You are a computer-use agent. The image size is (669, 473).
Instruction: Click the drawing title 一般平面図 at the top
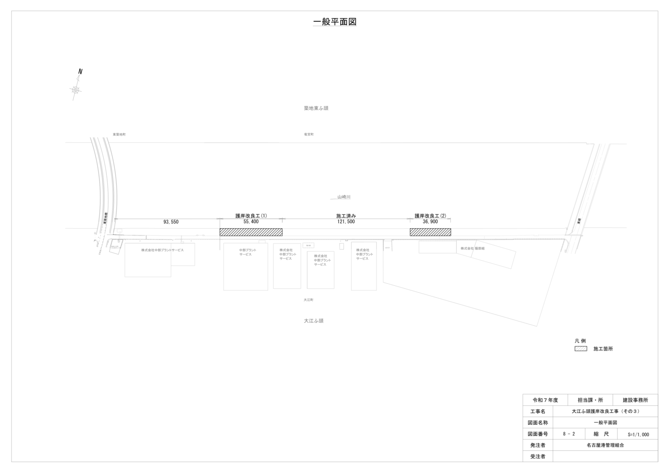(x=334, y=22)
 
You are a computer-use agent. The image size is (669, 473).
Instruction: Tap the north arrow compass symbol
(x=76, y=89)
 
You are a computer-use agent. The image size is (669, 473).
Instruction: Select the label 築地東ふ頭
(x=316, y=108)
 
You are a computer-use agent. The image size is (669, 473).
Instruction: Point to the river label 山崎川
(x=344, y=197)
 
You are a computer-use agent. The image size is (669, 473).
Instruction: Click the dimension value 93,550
(x=171, y=222)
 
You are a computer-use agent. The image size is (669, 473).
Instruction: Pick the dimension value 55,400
(x=251, y=222)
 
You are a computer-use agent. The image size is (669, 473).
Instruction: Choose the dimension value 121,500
(x=346, y=222)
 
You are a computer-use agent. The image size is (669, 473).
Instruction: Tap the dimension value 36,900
(x=430, y=222)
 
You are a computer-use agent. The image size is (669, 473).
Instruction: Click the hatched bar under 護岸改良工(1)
(x=251, y=232)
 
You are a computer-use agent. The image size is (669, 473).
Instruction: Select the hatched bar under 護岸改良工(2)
(x=430, y=232)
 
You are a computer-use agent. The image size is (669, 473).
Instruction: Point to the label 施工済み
(x=346, y=216)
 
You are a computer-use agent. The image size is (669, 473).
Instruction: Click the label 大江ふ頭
(x=314, y=321)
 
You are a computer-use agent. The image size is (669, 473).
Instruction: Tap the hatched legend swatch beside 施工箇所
(x=581, y=348)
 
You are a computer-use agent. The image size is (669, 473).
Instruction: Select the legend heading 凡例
(x=580, y=341)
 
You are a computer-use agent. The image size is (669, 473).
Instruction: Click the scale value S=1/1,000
(x=638, y=435)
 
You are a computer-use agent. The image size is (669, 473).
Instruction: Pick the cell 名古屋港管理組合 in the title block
(x=605, y=445)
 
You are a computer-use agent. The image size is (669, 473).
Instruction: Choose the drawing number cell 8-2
(x=569, y=434)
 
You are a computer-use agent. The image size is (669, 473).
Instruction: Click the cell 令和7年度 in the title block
(x=545, y=400)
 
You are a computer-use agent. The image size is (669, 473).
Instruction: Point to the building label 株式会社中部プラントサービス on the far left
(x=163, y=250)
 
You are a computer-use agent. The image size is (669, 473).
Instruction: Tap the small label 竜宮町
(x=309, y=134)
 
